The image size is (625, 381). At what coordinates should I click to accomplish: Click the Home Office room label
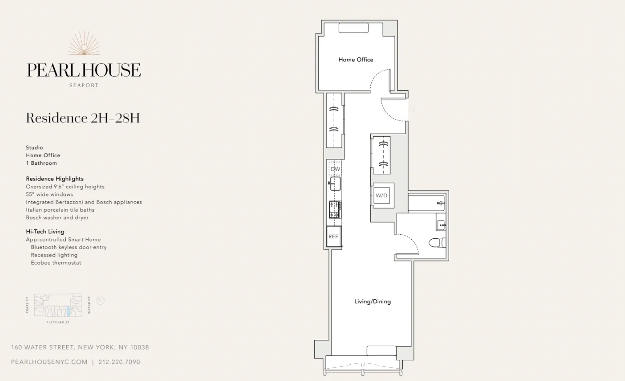coord(356,60)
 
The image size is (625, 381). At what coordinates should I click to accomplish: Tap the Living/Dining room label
coord(372,302)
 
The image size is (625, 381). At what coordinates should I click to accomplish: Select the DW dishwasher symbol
coord(335,169)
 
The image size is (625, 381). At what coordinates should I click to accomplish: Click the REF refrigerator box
coord(333,237)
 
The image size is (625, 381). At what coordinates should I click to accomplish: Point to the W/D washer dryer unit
coord(381,195)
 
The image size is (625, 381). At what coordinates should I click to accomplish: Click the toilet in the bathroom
coord(437,243)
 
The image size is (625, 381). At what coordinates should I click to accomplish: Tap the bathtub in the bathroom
coord(427,203)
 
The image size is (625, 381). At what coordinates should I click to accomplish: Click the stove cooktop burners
coord(335,210)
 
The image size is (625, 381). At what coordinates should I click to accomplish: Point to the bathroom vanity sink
coord(441,224)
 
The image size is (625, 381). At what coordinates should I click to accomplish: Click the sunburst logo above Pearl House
coord(84,44)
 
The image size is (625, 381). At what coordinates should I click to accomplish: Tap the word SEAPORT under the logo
coord(84,85)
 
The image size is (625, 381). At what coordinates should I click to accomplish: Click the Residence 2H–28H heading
coord(83,118)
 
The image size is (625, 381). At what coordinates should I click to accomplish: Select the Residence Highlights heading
coord(55,179)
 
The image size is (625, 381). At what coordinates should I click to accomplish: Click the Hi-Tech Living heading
coord(45,232)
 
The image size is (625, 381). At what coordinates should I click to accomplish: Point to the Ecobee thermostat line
coord(56,263)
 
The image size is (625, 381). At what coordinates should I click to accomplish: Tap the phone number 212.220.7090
coord(119,362)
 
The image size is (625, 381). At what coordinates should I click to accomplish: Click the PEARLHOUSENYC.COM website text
coord(49,362)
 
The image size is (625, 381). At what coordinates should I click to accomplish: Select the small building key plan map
coord(58,305)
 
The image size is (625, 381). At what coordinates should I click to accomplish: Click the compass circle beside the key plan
coord(101,301)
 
